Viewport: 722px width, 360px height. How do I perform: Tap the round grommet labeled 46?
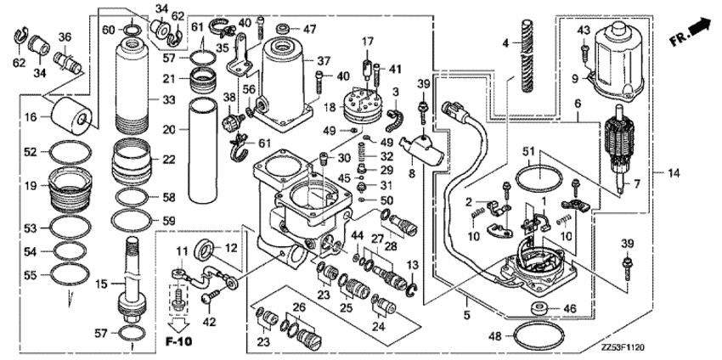point(539,307)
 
